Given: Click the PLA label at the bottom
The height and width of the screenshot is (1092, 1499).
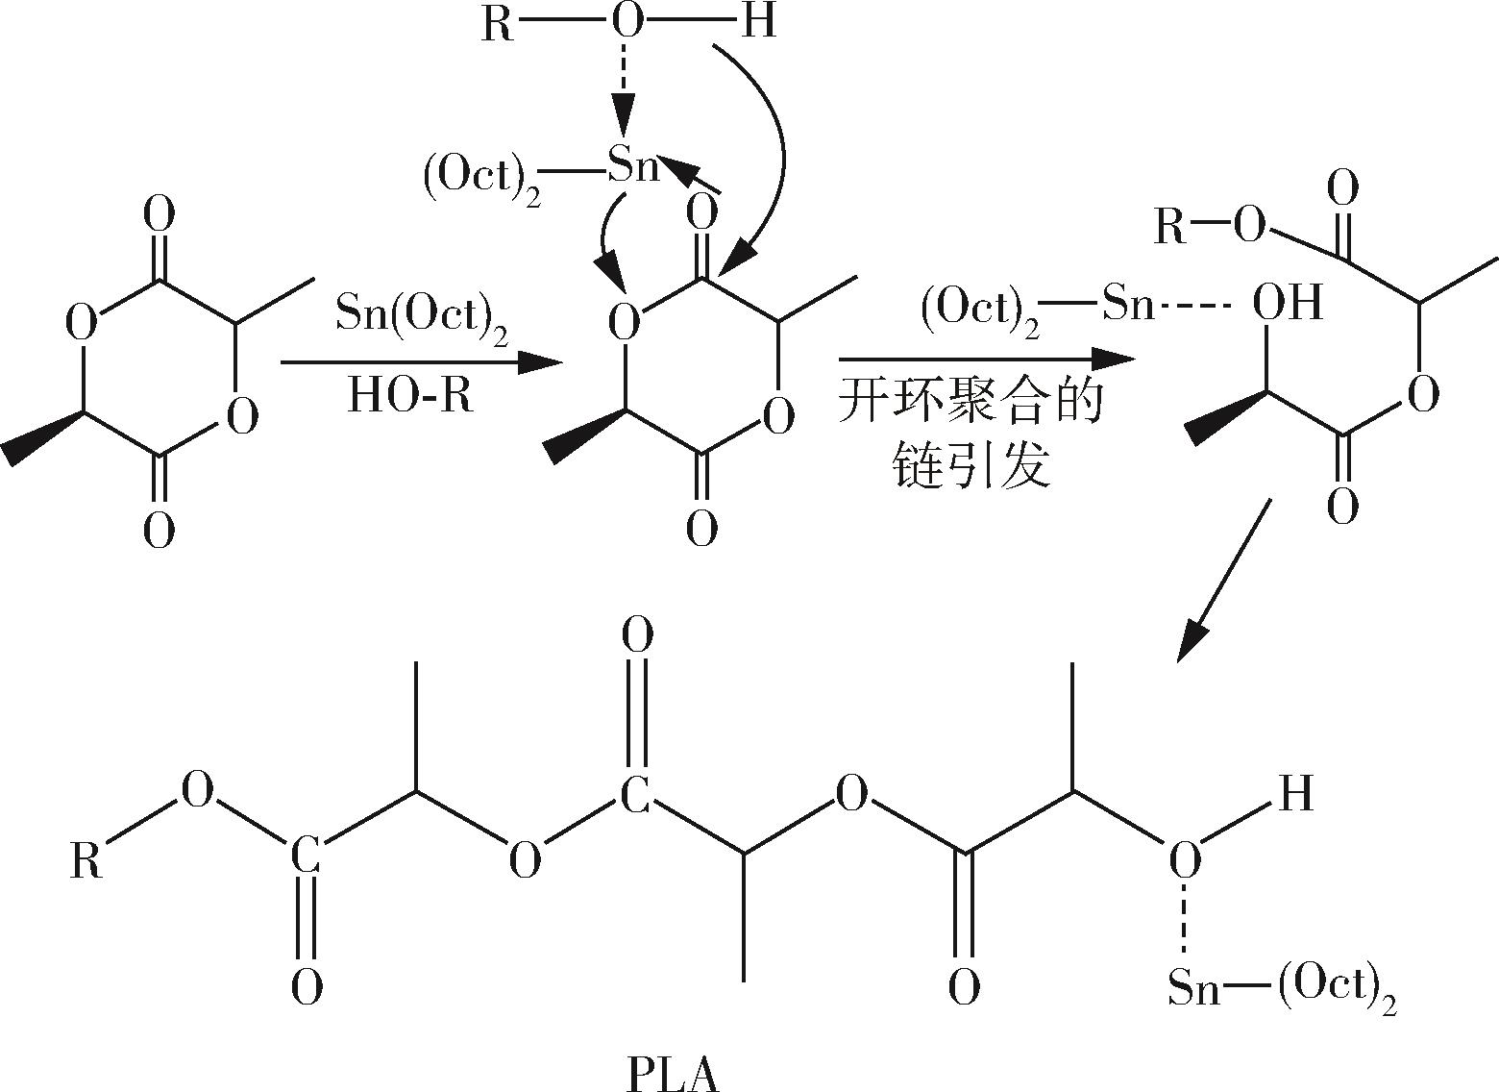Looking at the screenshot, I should tap(672, 1074).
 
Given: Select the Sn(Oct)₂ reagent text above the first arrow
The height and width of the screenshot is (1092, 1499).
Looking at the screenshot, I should tap(421, 311).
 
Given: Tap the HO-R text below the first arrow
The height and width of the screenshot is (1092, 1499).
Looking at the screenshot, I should tap(410, 394).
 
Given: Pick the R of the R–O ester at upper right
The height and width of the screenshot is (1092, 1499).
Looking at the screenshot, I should tap(1170, 229).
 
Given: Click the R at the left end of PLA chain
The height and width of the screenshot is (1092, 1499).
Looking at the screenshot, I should tap(86, 860).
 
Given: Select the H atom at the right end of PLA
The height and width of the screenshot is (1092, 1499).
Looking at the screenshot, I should tap(1294, 794).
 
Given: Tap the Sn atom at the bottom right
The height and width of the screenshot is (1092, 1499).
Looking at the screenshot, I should tap(1193, 986).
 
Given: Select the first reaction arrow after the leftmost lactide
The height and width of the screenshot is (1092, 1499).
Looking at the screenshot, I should tap(419, 362).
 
